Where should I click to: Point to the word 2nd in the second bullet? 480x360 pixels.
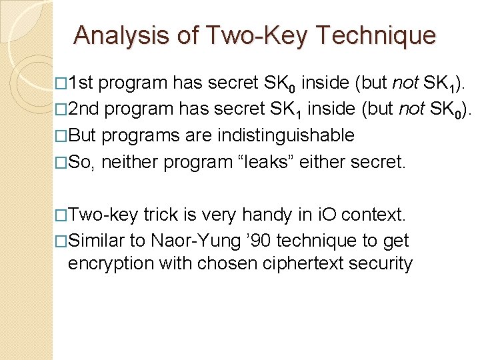84,109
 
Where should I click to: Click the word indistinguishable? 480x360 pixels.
287,135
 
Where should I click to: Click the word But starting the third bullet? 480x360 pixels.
82,135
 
